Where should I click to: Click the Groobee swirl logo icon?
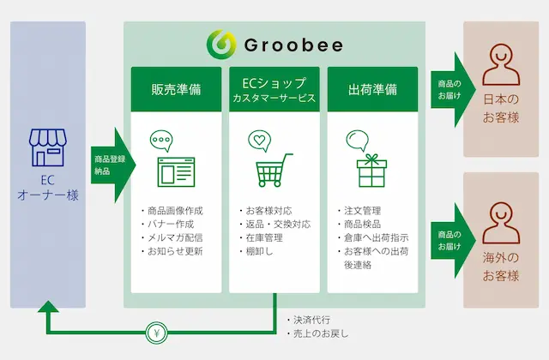[x=221, y=45]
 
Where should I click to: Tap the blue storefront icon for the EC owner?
[x=48, y=147]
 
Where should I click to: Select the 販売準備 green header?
[x=176, y=89]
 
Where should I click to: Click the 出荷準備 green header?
[x=372, y=89]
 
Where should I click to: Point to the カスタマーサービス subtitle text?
[x=274, y=99]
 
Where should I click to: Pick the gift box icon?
[x=371, y=171]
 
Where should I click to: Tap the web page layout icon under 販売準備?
[x=176, y=172]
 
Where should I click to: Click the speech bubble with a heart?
[x=259, y=141]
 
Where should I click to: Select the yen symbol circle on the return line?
[x=156, y=333]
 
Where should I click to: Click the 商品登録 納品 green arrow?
[x=113, y=165]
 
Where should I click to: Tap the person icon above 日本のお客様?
[x=501, y=65]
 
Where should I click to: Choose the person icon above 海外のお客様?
[x=501, y=223]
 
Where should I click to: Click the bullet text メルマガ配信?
[x=175, y=238]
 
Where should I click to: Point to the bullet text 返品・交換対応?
[x=278, y=225]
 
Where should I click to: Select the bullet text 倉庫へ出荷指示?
[x=376, y=238]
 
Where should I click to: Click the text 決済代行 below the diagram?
[x=311, y=320]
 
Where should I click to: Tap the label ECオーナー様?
[x=48, y=188]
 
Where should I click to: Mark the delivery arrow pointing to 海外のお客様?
[x=454, y=241]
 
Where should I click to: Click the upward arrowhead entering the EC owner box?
[x=48, y=307]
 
